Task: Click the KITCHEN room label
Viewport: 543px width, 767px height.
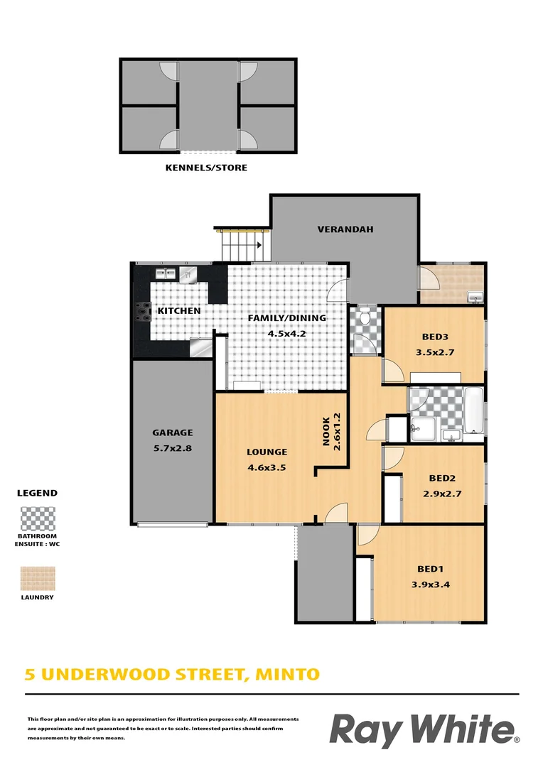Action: (x=178, y=311)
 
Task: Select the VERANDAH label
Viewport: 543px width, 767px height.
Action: (x=345, y=229)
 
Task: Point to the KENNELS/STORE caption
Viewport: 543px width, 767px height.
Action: (x=206, y=168)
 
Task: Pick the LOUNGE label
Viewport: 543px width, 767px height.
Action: (x=267, y=452)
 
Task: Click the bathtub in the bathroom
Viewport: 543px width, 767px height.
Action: (x=473, y=410)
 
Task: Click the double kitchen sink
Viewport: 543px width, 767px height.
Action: (x=166, y=272)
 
